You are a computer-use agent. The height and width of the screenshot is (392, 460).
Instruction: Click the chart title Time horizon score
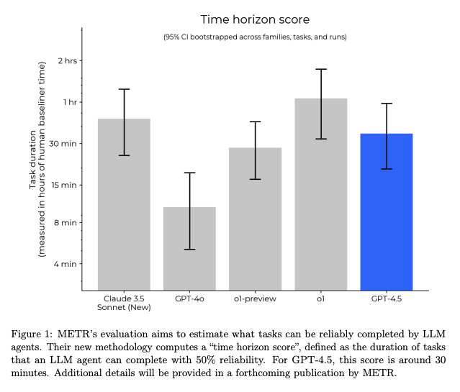pos(255,19)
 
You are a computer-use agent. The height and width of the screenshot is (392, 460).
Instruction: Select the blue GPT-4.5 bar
pos(386,216)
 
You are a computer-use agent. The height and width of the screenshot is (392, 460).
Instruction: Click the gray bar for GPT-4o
pos(189,252)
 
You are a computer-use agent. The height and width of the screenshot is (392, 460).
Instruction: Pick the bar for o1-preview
pos(255,223)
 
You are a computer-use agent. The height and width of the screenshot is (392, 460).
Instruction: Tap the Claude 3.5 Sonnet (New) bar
pos(124,209)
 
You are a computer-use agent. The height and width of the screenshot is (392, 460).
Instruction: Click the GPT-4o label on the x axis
pos(189,297)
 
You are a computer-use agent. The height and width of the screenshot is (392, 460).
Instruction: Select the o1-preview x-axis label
pos(255,297)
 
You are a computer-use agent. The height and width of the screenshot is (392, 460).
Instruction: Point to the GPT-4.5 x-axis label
pos(386,297)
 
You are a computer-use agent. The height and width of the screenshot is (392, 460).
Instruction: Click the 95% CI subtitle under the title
pos(255,37)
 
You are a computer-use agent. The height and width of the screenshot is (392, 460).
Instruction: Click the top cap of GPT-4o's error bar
pos(189,173)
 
